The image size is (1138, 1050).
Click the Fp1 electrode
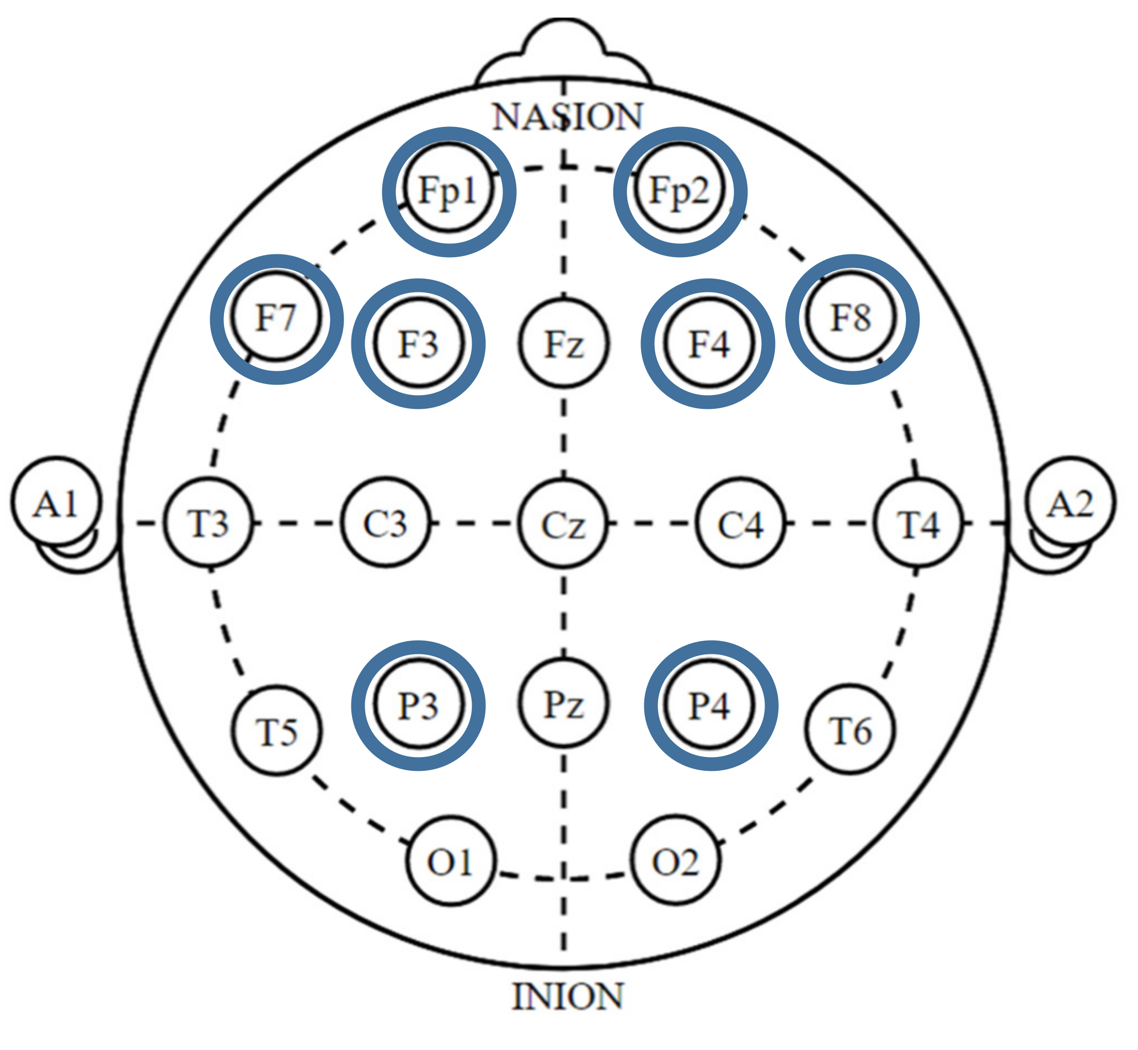point(448,190)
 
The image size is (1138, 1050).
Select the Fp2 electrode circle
point(680,190)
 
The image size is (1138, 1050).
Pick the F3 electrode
point(419,343)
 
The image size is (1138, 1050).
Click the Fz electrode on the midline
point(564,343)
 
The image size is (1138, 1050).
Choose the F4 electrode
point(708,343)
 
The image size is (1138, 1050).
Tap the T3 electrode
point(209,523)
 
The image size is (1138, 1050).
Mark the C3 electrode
point(386,523)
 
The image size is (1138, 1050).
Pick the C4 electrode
point(741,523)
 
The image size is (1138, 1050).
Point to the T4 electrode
point(918,523)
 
